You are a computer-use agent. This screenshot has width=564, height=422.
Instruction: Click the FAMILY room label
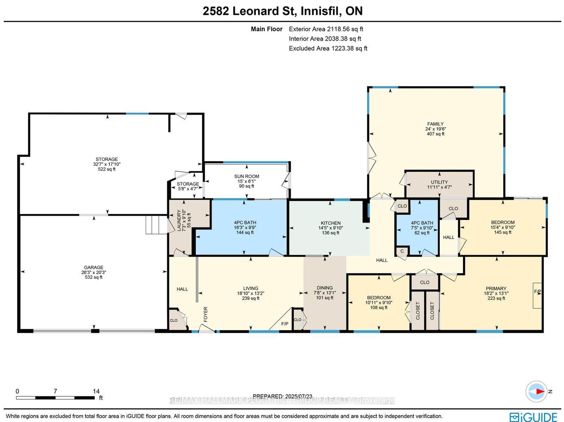[x=435, y=124]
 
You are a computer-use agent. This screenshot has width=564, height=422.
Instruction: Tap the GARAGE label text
[x=94, y=267]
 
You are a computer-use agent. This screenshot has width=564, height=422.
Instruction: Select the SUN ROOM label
[x=247, y=176]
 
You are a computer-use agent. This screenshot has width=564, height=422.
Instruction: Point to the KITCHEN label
[x=331, y=223]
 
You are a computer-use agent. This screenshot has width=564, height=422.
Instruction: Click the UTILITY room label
[x=439, y=182]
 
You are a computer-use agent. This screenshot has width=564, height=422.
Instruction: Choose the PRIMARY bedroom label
[x=496, y=288]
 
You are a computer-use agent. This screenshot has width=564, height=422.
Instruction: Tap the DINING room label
[x=325, y=288]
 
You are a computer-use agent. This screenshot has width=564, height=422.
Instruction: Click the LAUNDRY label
[x=179, y=220]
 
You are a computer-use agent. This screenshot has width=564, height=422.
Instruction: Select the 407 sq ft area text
[x=435, y=134]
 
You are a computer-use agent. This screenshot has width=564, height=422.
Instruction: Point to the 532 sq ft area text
[x=94, y=277]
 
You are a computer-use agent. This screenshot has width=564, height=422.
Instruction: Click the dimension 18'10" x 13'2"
[x=251, y=293]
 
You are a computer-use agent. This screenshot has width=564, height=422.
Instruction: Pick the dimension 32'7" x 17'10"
[x=107, y=164]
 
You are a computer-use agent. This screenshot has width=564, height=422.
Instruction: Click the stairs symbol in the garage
[x=156, y=225]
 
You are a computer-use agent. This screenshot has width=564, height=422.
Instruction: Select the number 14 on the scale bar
[x=96, y=391]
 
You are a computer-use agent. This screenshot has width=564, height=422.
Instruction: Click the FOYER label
[x=205, y=314]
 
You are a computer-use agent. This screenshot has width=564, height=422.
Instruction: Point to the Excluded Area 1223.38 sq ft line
[x=328, y=48]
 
